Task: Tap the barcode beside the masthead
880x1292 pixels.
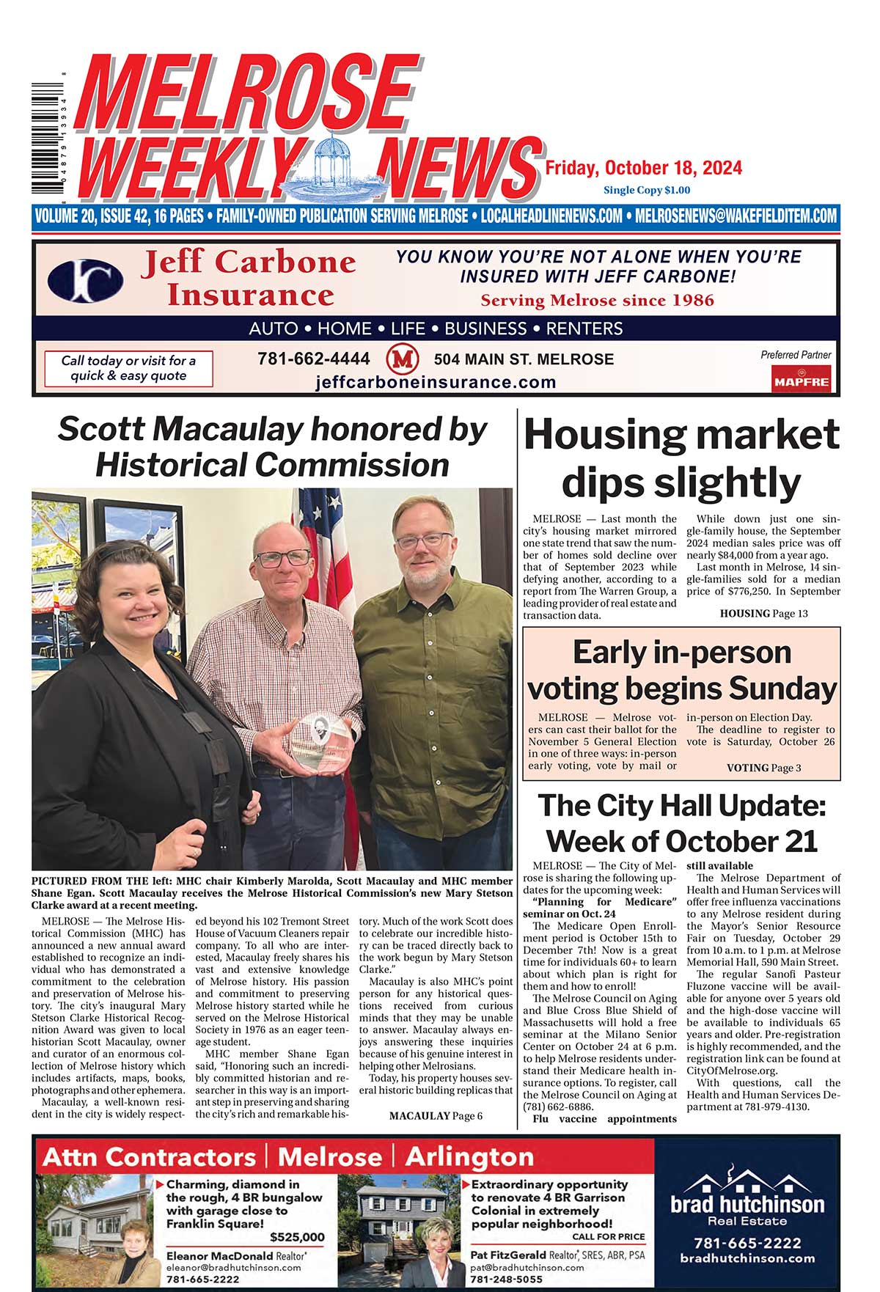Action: point(45,133)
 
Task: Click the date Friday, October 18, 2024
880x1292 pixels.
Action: point(643,169)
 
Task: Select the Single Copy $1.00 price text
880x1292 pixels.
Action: point(646,191)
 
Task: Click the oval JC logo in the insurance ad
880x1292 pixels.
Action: point(85,281)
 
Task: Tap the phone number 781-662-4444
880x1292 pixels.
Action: point(313,359)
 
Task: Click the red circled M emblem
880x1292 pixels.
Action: point(402,359)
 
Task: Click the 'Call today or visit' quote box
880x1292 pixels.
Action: point(128,368)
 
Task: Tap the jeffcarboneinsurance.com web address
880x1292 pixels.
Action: point(436,382)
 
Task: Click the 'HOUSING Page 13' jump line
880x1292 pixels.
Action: point(763,613)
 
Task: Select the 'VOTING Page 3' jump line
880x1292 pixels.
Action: point(763,768)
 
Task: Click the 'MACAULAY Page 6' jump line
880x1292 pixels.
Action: point(436,1115)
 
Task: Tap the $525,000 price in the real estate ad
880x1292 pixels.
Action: point(297,1237)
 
